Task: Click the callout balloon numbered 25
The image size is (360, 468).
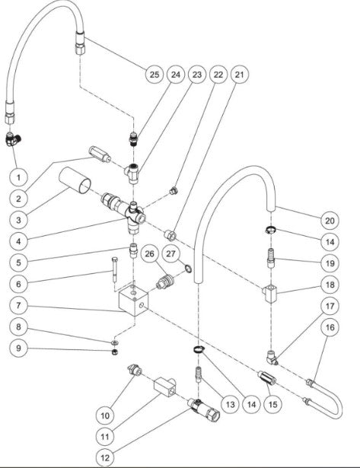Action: click(x=155, y=75)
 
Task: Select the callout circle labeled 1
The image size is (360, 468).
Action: click(x=18, y=177)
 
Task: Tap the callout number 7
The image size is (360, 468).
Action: click(x=18, y=306)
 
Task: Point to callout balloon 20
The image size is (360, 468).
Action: click(x=330, y=221)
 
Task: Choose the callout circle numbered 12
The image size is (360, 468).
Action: click(x=105, y=458)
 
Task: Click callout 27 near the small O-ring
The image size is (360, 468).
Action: click(x=170, y=254)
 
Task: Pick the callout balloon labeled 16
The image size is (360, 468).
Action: click(x=330, y=327)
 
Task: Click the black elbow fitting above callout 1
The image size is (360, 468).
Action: click(x=13, y=139)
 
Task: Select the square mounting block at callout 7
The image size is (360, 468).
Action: click(x=133, y=299)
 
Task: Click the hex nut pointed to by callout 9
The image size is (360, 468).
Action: click(x=114, y=352)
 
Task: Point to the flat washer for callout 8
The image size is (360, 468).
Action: click(x=115, y=342)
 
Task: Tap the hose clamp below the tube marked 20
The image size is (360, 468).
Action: click(x=270, y=230)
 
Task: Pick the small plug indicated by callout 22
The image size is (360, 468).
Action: click(x=174, y=191)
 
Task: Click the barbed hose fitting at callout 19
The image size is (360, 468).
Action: click(x=271, y=258)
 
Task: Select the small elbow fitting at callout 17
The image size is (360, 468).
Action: click(x=272, y=358)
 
